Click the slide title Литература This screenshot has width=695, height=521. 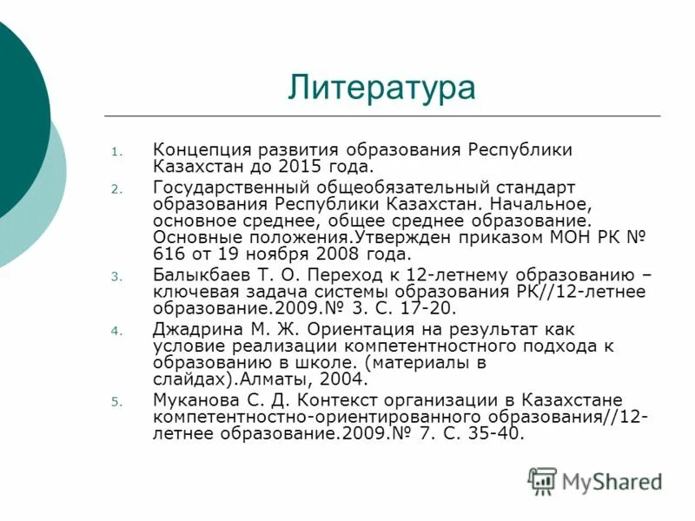click(382, 88)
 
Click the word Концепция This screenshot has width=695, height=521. click(202, 149)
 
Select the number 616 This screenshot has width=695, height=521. click(169, 254)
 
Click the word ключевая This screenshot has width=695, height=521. click(191, 292)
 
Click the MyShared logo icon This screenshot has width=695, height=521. click(542, 480)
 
